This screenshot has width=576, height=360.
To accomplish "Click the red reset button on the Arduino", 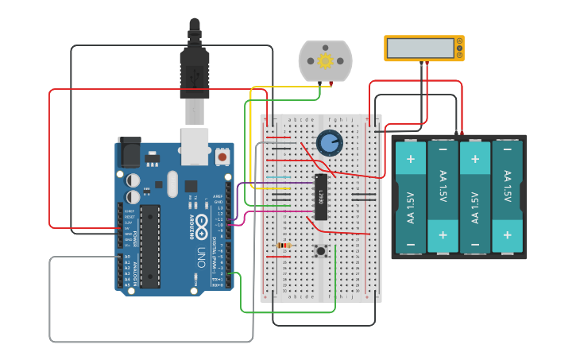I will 222,157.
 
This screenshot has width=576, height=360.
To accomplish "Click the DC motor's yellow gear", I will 324,60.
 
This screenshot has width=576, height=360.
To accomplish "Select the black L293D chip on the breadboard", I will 322,196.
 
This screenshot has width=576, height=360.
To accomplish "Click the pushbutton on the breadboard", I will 321,251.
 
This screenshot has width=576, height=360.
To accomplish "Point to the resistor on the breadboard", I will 284,246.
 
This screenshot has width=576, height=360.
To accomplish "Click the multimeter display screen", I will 420,48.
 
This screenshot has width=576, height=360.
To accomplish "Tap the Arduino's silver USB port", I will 195,145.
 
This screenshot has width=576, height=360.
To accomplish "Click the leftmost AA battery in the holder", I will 411,196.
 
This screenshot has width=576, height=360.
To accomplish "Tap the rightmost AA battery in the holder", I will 507,196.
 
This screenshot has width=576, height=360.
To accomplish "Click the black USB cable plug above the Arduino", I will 195,72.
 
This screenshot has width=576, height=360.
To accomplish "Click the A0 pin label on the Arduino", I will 127,257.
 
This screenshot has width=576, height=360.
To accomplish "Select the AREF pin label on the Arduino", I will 217,196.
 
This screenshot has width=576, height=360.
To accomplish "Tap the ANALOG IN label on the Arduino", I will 136,270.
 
